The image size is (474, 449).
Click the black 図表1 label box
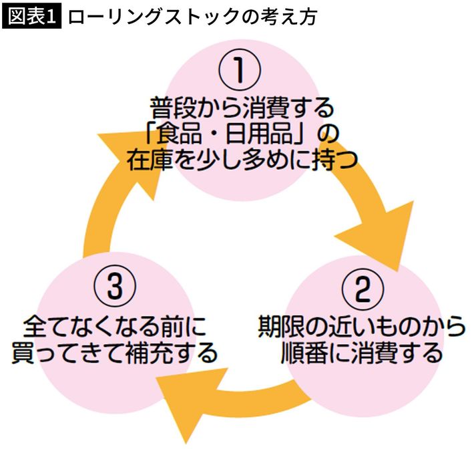click(33, 17)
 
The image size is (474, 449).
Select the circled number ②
click(361, 289)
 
